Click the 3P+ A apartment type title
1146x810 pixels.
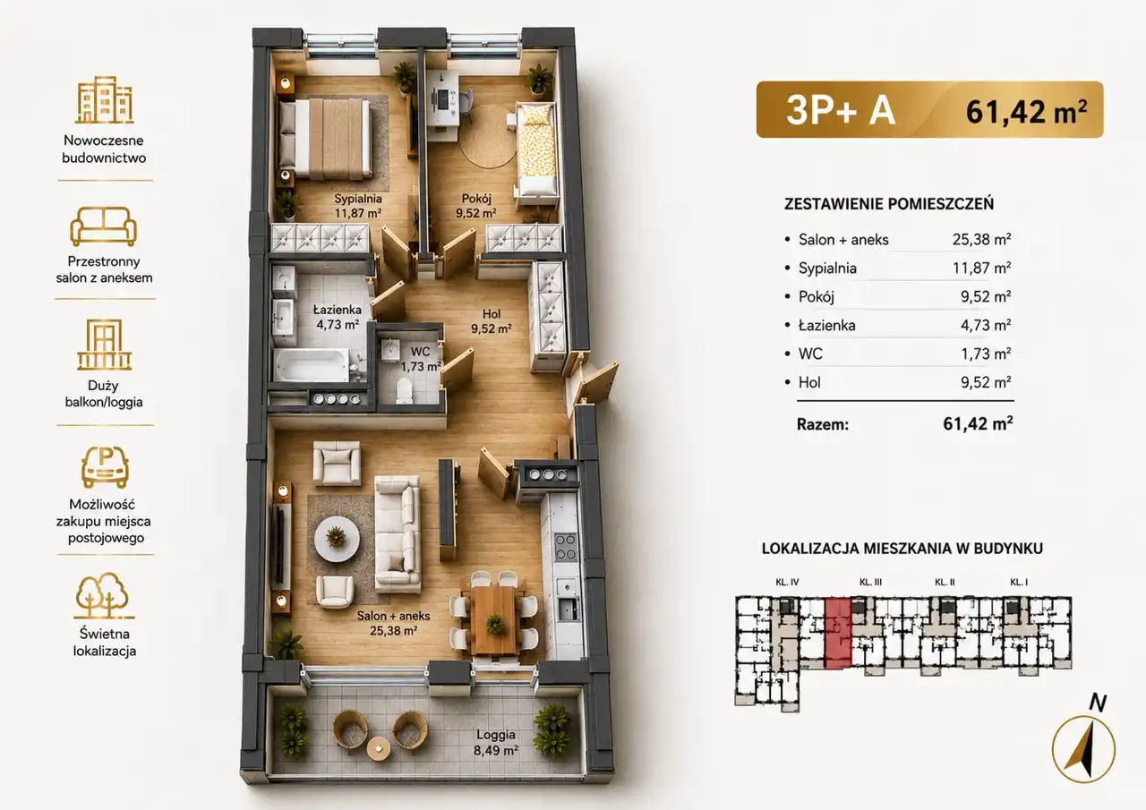[841, 110]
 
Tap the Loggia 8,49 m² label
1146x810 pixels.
[496, 743]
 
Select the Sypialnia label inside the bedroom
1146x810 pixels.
[358, 199]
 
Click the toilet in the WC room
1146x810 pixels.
[404, 391]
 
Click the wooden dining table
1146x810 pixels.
[494, 619]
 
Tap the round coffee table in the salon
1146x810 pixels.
[336, 537]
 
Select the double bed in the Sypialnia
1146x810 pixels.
[324, 138]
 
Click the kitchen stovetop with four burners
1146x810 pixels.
[565, 547]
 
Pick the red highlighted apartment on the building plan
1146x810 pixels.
[838, 633]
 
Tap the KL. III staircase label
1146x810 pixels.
[870, 582]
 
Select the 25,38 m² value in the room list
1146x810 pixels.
[981, 239]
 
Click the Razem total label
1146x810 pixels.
[823, 424]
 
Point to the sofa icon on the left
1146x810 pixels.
[103, 226]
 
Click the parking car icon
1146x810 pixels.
[105, 466]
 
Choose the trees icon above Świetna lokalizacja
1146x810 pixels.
[104, 596]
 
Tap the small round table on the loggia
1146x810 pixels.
[378, 749]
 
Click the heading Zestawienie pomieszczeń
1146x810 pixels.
[889, 204]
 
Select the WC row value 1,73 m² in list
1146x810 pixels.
[986, 354]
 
